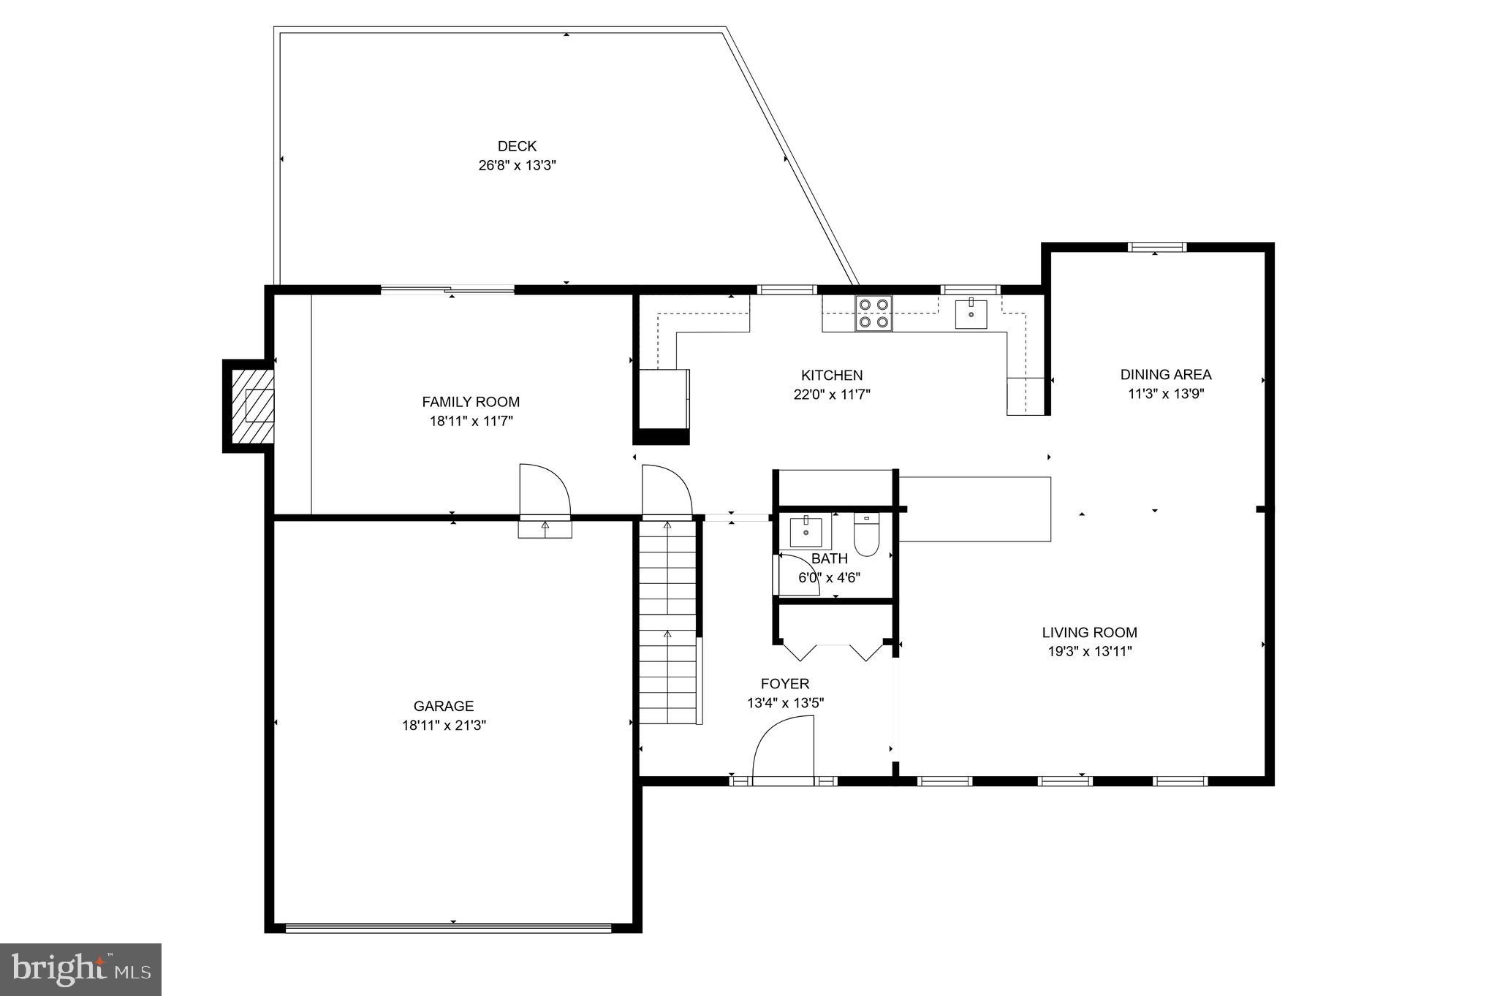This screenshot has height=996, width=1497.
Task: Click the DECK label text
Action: pyautogui.click(x=517, y=146)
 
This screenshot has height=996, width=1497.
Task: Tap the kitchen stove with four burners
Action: pyautogui.click(x=873, y=313)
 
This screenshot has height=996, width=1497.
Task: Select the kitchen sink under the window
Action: pyautogui.click(x=971, y=314)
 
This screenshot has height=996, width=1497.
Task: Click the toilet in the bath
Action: pyautogui.click(x=867, y=536)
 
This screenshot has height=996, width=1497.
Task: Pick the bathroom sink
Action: pyautogui.click(x=805, y=532)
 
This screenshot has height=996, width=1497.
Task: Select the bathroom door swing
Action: pyautogui.click(x=797, y=575)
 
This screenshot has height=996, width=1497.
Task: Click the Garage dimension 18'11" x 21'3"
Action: pyautogui.click(x=444, y=726)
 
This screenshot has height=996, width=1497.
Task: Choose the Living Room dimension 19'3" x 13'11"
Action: pyautogui.click(x=1089, y=652)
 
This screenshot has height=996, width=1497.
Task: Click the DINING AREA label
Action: pyautogui.click(x=1165, y=375)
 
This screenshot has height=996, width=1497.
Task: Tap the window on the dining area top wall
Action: pyautogui.click(x=1156, y=247)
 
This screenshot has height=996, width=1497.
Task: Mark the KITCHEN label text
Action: pyautogui.click(x=832, y=376)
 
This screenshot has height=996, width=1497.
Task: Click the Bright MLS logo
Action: pyautogui.click(x=80, y=970)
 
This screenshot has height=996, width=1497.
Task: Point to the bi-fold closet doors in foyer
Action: pyautogui.click(x=833, y=650)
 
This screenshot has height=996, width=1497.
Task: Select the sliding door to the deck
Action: pyautogui.click(x=447, y=290)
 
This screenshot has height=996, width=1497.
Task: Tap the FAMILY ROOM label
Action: pyautogui.click(x=471, y=402)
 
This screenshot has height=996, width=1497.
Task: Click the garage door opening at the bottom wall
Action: pyautogui.click(x=447, y=928)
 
